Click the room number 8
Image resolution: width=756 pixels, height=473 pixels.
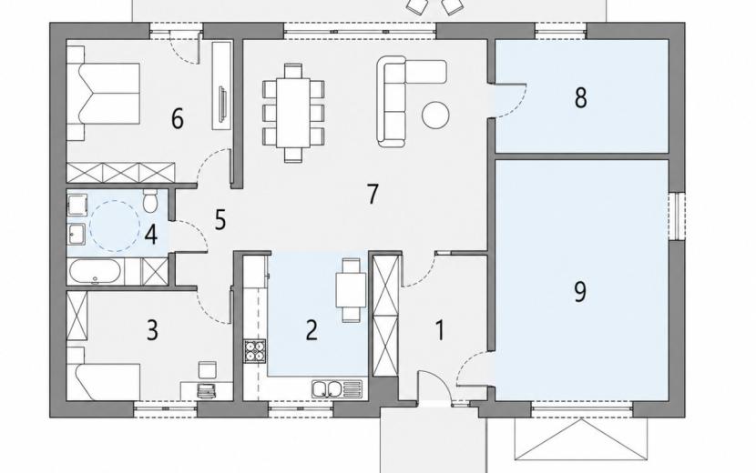(x=580, y=97)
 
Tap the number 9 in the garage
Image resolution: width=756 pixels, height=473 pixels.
(x=580, y=291)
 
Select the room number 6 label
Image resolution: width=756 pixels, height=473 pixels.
(x=178, y=119)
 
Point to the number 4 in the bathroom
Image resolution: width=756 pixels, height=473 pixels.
(x=151, y=235)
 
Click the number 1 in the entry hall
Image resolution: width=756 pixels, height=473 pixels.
(x=440, y=331)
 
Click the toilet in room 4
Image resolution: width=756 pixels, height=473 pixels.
(x=150, y=201)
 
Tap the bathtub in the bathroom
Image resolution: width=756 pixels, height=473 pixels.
(x=95, y=271)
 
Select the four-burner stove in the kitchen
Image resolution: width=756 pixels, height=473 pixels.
(x=255, y=350)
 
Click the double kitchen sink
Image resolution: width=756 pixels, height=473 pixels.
(x=336, y=388)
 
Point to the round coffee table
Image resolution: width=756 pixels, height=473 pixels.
(x=436, y=116)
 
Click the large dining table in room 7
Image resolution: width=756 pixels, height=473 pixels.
(x=293, y=113)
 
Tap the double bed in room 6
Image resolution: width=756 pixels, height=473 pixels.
(x=103, y=93)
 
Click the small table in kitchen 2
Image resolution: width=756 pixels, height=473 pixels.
(x=351, y=290)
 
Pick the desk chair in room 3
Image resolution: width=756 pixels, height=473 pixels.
(x=209, y=370)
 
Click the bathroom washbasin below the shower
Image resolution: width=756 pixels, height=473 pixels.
(x=77, y=235)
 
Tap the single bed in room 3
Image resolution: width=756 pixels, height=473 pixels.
(x=103, y=382)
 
